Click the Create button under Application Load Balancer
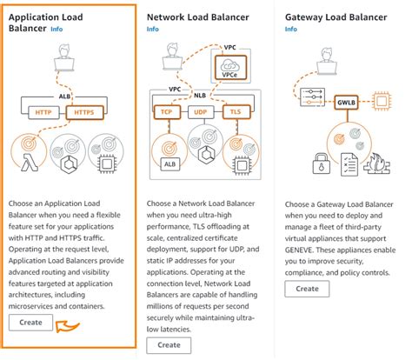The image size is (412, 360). click(30, 323)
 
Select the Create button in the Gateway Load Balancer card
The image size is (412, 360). click(307, 289)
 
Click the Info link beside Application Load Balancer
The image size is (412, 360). click(56, 29)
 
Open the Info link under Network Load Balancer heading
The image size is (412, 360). click(153, 28)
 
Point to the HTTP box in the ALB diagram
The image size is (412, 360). click(43, 112)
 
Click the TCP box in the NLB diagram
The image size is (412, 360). click(165, 113)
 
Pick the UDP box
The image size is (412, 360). click(200, 113)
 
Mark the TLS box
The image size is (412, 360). click(234, 113)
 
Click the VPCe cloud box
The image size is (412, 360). click(231, 68)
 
